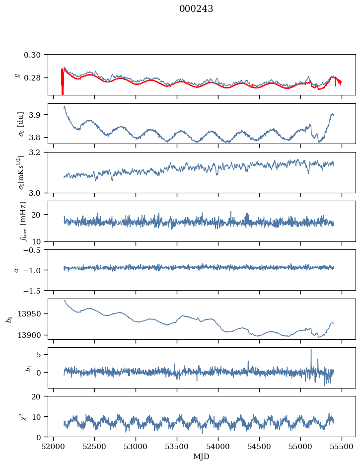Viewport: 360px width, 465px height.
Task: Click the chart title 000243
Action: tap(196, 9)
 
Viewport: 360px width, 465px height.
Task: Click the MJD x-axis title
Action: tap(201, 457)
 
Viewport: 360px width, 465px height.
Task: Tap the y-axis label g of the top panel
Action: tap(17, 75)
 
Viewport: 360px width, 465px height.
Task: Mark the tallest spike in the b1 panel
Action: tap(311, 350)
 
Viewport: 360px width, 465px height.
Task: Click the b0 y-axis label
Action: tap(8, 319)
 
